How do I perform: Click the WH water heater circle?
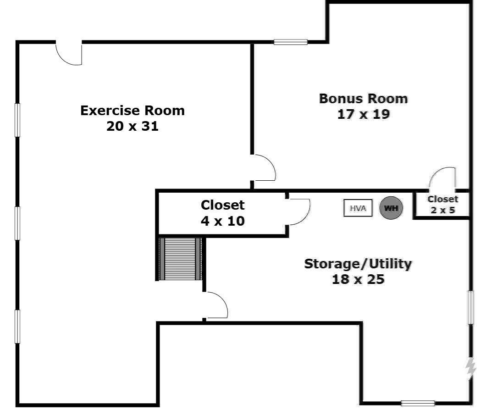(x=391, y=208)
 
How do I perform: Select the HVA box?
(x=358, y=208)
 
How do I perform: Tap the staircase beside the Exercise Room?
(x=181, y=259)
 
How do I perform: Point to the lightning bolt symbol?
(x=470, y=368)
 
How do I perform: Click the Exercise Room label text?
(x=133, y=111)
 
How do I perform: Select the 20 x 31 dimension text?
(x=133, y=126)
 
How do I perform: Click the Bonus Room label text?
(x=363, y=99)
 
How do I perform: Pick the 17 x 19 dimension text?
(x=363, y=114)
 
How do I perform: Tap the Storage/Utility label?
(x=358, y=264)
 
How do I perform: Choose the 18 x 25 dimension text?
(x=358, y=279)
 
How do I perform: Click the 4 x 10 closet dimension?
(x=223, y=221)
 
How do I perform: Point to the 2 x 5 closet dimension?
(x=442, y=210)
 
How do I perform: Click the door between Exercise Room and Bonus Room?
(x=263, y=167)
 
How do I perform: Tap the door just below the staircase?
(x=215, y=305)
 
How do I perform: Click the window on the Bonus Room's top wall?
(x=291, y=42)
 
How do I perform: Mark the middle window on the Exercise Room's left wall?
(x=17, y=223)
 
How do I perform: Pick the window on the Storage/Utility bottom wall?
(x=418, y=403)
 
